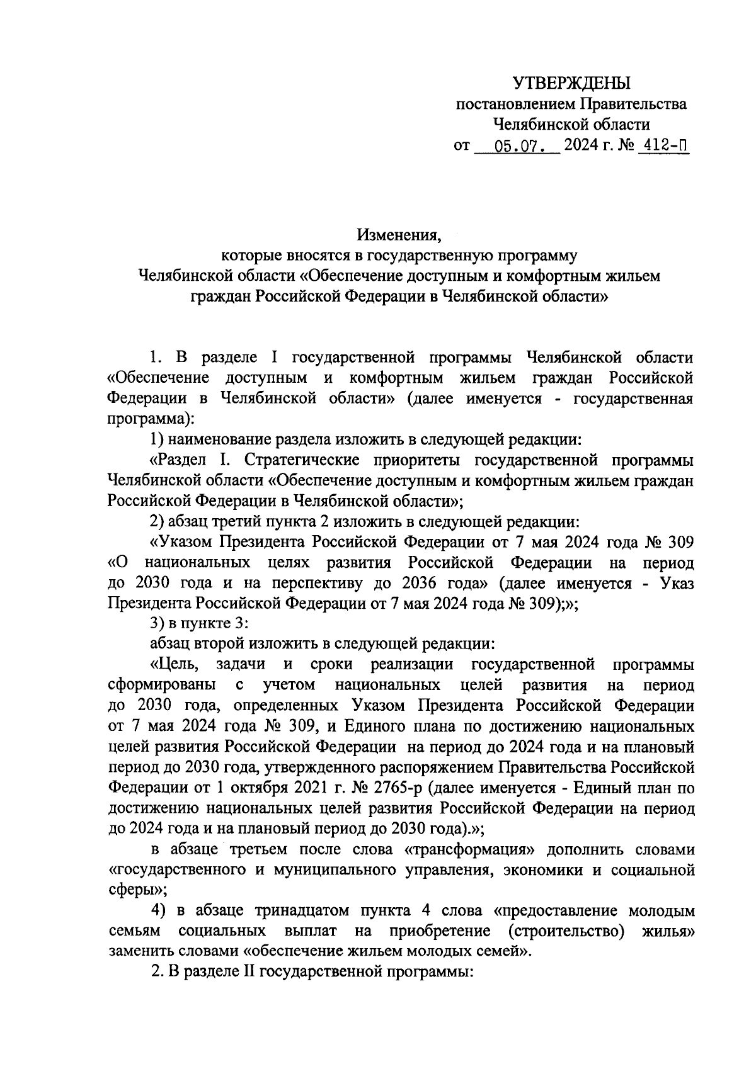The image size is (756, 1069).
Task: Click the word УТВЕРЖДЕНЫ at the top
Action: [x=571, y=82]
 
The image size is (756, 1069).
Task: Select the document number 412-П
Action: [x=662, y=147]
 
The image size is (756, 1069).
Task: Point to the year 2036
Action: [x=443, y=583]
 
